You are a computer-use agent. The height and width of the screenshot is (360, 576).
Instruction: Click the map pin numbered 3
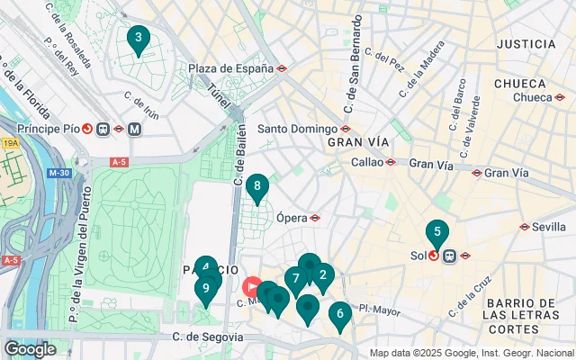click(138, 39)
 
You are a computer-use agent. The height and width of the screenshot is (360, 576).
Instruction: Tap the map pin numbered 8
click(257, 187)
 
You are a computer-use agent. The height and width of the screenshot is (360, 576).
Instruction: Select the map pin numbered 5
click(437, 233)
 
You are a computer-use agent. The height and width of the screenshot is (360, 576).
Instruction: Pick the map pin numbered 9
click(206, 288)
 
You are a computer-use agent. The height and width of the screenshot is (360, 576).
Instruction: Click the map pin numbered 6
click(339, 315)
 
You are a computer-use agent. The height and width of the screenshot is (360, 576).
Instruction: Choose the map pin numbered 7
click(295, 279)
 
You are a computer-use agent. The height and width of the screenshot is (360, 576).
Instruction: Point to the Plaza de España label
click(229, 67)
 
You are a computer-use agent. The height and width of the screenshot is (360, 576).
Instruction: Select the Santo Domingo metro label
click(299, 128)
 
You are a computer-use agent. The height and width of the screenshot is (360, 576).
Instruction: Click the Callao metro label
click(365, 162)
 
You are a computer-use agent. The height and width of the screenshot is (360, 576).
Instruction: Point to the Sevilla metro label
click(548, 227)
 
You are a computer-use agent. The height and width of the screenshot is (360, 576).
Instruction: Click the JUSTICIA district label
click(526, 43)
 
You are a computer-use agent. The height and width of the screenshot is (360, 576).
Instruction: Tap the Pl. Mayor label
click(378, 310)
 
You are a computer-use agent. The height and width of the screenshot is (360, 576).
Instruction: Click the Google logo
click(30, 348)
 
